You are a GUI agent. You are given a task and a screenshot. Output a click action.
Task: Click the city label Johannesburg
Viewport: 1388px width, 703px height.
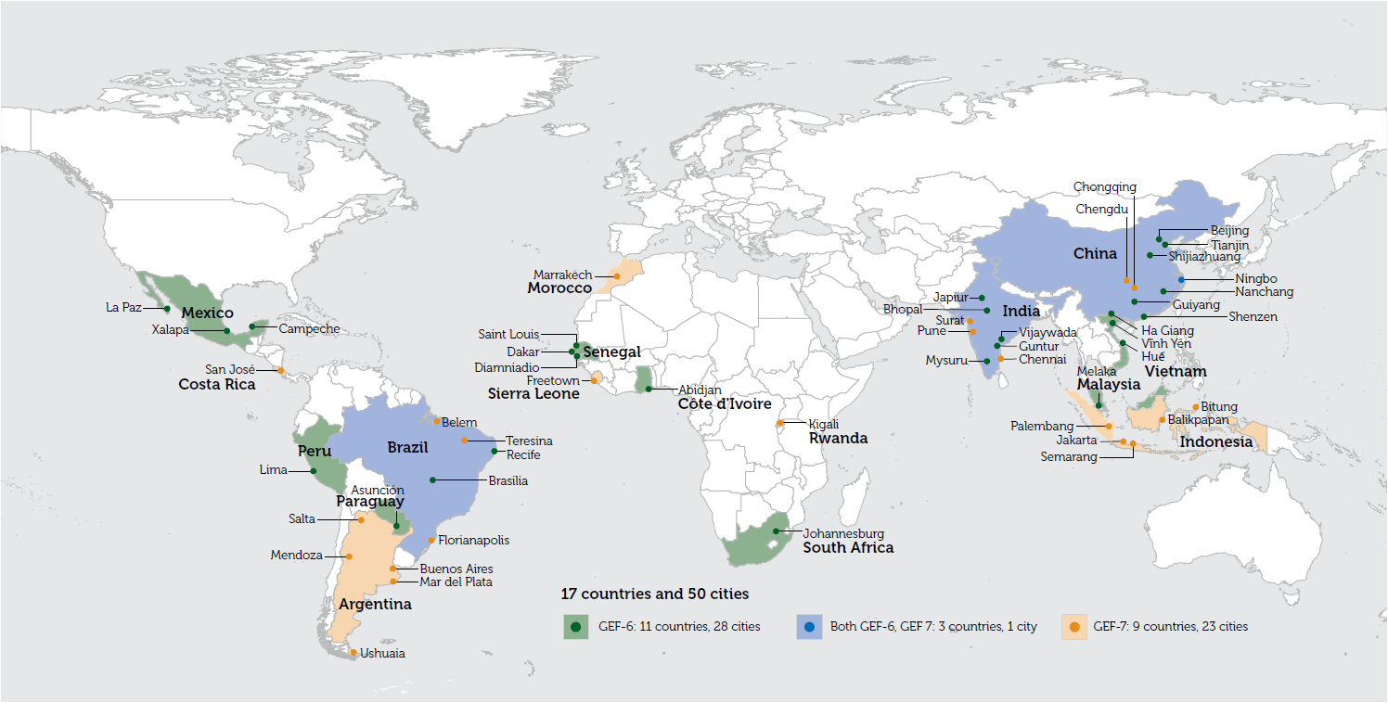coord(843,533)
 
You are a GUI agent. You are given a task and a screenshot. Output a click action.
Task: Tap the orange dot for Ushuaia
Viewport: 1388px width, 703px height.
coord(353,653)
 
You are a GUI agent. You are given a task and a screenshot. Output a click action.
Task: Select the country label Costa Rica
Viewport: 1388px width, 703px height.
coord(217,384)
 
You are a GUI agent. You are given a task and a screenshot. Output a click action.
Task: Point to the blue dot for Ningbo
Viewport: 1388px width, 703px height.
coord(1181,279)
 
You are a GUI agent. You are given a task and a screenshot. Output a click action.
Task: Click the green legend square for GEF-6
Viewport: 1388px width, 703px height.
coord(576,627)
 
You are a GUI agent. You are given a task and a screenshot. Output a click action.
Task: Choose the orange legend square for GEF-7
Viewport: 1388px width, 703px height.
coord(1074,627)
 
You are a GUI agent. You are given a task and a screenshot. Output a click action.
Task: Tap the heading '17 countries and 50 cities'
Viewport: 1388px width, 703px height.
coord(654,594)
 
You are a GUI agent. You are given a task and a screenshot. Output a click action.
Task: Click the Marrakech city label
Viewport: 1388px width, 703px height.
coord(562,275)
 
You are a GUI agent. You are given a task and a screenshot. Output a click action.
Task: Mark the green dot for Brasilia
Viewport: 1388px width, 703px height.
coord(433,479)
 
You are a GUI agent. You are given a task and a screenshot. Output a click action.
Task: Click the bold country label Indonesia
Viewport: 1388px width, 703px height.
coord(1215,442)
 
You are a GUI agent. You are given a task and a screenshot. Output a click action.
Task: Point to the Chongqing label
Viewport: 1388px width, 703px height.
coord(1104,187)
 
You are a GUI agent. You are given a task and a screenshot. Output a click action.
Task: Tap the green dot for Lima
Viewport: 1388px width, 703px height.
coord(314,471)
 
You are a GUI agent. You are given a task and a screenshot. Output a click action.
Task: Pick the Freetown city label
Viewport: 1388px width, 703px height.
coord(553,380)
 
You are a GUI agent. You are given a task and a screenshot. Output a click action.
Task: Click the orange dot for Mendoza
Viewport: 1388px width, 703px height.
coord(349,556)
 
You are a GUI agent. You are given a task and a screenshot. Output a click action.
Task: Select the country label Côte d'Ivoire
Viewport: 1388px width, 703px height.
coord(724,404)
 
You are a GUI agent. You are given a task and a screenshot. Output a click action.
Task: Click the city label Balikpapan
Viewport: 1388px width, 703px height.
coord(1199,420)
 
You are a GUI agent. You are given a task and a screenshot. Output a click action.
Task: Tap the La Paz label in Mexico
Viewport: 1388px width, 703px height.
coord(123,307)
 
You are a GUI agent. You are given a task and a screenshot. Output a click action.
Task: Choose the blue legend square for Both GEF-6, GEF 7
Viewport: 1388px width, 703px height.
coord(809,627)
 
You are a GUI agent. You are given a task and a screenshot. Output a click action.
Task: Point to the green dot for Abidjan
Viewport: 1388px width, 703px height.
coord(649,390)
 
